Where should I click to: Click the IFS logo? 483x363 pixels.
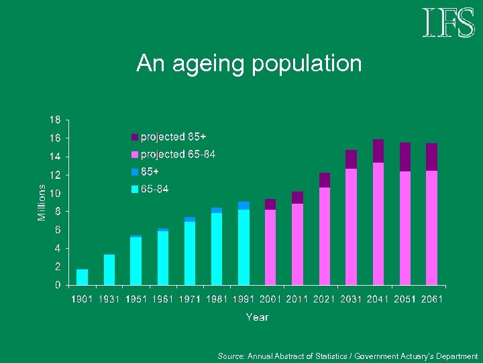pyautogui.click(x=448, y=23)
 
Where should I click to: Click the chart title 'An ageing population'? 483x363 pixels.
pyautogui.click(x=249, y=64)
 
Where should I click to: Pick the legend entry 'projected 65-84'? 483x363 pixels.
pyautogui.click(x=177, y=155)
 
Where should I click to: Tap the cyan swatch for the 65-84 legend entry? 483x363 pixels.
pyautogui.click(x=134, y=190)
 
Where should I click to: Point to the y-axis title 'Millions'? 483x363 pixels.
pyautogui.click(x=42, y=202)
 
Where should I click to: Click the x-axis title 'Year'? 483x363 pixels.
pyautogui.click(x=257, y=317)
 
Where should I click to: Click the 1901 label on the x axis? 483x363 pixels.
pyautogui.click(x=83, y=299)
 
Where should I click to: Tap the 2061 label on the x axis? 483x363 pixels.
pyautogui.click(x=431, y=299)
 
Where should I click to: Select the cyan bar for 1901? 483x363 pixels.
pyautogui.click(x=83, y=277)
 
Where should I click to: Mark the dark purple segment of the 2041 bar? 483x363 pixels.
pyautogui.click(x=378, y=151)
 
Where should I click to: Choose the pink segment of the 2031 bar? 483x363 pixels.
pyautogui.click(x=351, y=227)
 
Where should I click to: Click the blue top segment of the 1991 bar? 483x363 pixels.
pyautogui.click(x=244, y=206)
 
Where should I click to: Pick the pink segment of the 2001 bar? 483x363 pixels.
pyautogui.click(x=270, y=247)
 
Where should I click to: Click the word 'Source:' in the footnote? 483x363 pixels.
pyautogui.click(x=231, y=356)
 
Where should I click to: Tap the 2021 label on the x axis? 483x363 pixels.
pyautogui.click(x=324, y=299)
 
